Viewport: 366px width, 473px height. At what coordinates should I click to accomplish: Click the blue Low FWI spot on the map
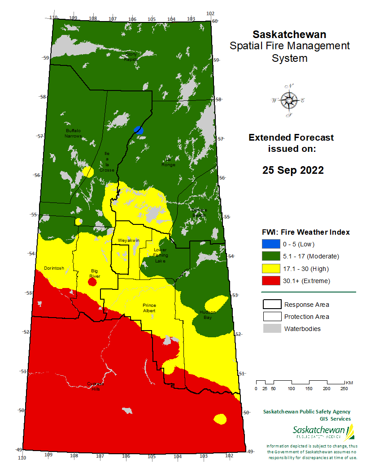139,130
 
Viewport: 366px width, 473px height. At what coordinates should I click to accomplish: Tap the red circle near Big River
92,282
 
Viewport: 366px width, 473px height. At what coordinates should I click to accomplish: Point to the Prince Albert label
149,308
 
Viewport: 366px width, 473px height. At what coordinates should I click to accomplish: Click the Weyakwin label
129,241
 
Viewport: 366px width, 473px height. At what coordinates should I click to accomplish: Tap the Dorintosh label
54,268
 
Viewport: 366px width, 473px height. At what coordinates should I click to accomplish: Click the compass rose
289,100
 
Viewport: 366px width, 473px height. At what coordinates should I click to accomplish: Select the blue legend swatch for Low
270,244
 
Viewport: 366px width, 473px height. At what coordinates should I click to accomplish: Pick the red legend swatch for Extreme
270,281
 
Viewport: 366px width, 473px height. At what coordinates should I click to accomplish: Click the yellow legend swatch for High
270,269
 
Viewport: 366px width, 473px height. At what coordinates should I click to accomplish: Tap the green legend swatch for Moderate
270,256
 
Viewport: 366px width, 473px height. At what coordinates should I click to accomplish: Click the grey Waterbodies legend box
270,329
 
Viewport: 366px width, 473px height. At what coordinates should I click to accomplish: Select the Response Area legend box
270,305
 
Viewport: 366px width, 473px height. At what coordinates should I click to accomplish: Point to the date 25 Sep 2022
293,171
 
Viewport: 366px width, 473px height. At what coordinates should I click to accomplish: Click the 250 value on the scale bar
344,388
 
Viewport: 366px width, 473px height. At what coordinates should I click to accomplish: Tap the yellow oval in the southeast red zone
220,419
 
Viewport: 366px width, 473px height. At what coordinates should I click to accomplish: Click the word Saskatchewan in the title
289,34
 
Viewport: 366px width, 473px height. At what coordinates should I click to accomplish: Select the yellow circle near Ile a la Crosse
88,172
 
